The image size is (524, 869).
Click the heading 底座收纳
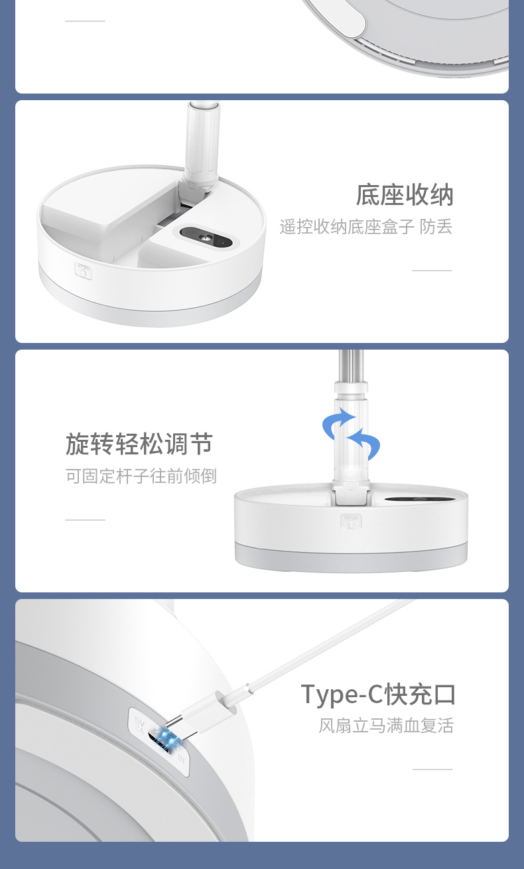(405, 195)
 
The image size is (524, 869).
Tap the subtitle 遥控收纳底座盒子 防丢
(365, 227)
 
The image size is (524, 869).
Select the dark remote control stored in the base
(206, 237)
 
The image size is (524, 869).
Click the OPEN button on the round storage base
(84, 271)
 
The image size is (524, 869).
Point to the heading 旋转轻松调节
(139, 444)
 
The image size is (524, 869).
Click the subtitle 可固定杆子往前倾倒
(141, 476)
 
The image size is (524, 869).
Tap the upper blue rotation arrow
(337, 423)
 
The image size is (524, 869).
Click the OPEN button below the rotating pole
(351, 521)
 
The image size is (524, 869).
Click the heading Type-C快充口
(378, 694)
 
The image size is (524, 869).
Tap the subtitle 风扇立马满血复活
(386, 726)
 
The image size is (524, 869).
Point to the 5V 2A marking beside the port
(139, 725)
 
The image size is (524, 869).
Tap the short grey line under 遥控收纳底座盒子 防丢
(432, 271)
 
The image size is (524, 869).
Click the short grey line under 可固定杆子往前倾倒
(86, 519)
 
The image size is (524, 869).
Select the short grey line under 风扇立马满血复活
(433, 769)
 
